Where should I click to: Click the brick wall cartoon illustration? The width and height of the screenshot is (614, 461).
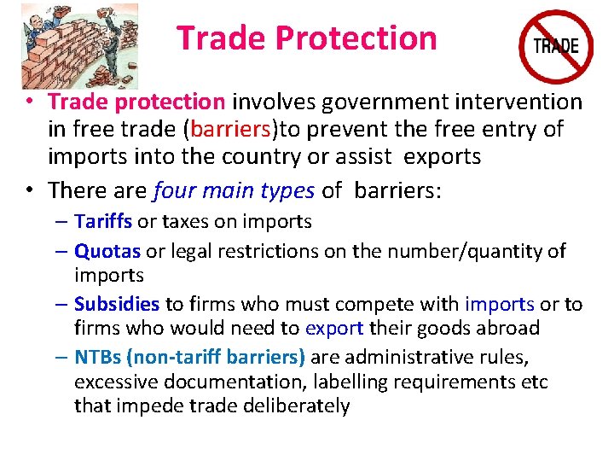(x=78, y=44)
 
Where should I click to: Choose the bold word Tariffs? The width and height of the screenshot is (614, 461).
(x=102, y=222)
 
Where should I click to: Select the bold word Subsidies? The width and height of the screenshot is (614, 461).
(x=117, y=304)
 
